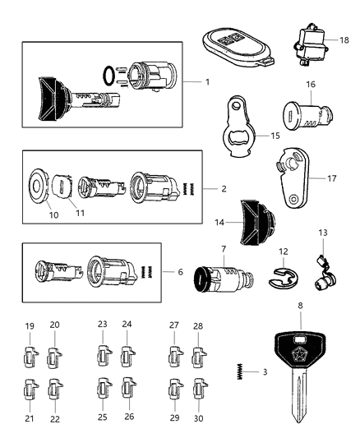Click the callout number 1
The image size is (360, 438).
coord(208,83)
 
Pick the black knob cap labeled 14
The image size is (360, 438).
coord(256,224)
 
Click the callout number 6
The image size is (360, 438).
coord(183,272)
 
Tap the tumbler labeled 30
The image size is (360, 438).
coord(197,387)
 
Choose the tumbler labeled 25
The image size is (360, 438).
coord(104,387)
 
